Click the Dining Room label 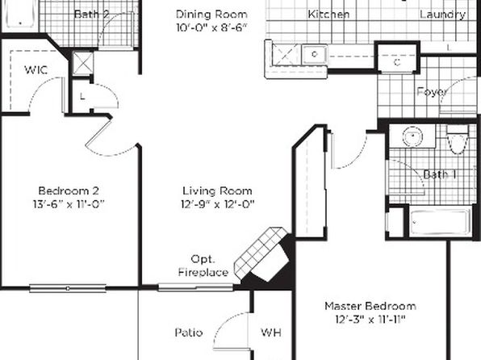click(211, 14)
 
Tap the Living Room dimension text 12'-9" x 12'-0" click(217, 204)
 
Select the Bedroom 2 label click(69, 190)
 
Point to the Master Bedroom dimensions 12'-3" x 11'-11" click(370, 320)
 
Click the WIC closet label click(36, 70)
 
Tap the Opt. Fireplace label click(203, 266)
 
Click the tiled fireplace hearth click(262, 251)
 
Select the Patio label click(189, 333)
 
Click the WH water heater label click(271, 333)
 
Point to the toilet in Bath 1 click(457, 140)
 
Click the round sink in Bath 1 click(412, 136)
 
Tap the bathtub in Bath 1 click(441, 222)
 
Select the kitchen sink click(315, 55)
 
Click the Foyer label click(432, 92)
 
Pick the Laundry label click(442, 14)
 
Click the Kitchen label click(328, 14)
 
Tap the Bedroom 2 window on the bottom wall click(68, 288)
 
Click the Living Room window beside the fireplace click(195, 287)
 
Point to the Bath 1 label click(439, 174)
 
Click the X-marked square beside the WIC click(82, 64)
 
